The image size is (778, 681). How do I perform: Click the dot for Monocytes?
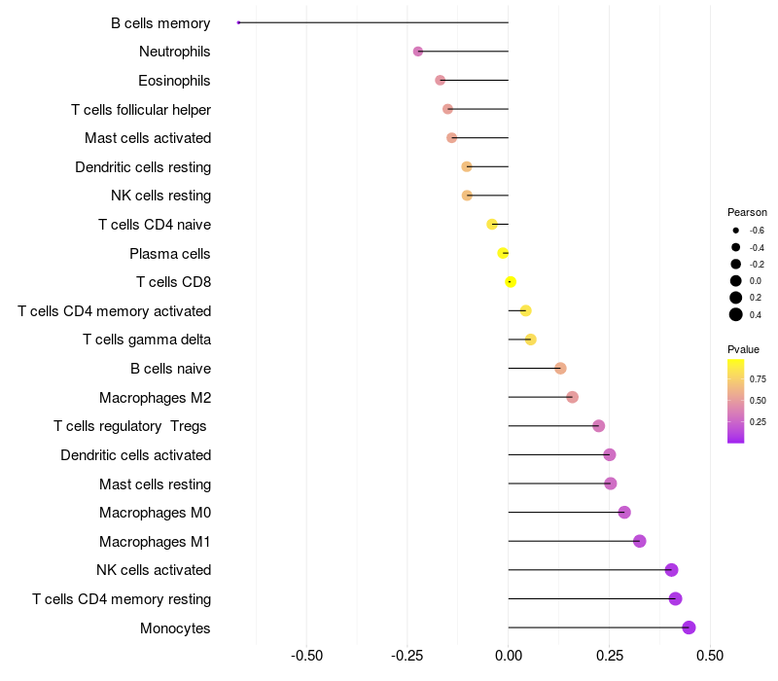(x=689, y=627)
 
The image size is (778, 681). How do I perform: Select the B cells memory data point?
(x=238, y=22)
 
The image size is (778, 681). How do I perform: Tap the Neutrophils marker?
(x=418, y=52)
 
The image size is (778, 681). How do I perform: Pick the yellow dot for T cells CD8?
(x=511, y=282)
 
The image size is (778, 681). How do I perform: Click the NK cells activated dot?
(x=671, y=570)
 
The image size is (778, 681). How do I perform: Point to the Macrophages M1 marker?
(x=639, y=541)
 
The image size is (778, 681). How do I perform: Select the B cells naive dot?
(x=560, y=369)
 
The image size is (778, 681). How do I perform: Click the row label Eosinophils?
(x=174, y=81)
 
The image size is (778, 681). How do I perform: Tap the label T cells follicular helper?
(x=141, y=109)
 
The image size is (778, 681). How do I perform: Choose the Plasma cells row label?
(x=170, y=254)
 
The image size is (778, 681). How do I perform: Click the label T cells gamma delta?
(x=147, y=340)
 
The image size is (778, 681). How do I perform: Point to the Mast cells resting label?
(x=155, y=484)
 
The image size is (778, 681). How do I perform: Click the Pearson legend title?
(x=747, y=212)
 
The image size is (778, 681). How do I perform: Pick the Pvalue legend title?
(x=744, y=349)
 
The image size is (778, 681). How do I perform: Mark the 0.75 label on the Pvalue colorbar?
(x=758, y=379)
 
